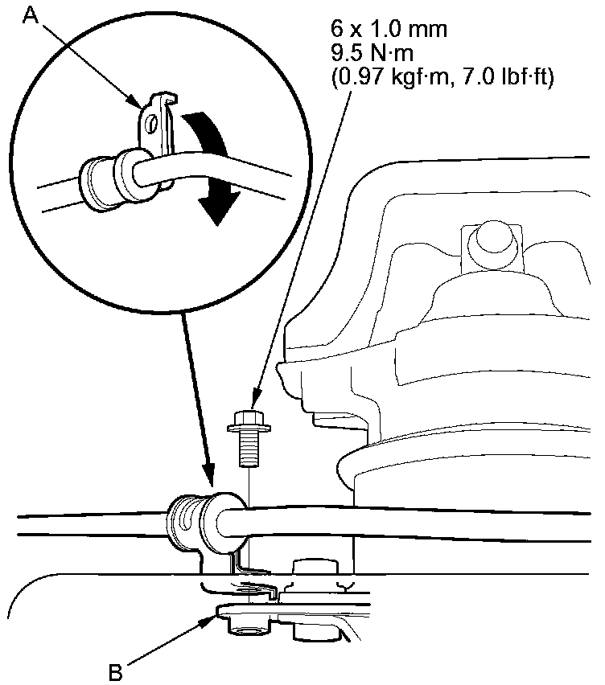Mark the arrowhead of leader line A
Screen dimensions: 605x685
click(x=138, y=103)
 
